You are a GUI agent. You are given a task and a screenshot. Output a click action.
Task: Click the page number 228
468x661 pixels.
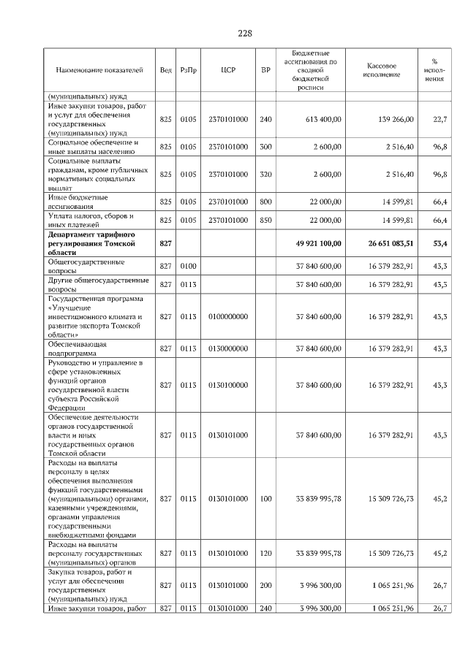(x=245, y=33)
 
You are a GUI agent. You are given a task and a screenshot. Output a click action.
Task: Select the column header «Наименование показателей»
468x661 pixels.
(x=99, y=70)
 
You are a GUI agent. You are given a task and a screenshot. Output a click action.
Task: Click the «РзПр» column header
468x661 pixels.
(x=189, y=70)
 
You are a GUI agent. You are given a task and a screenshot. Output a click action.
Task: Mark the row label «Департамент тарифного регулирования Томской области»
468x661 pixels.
(x=98, y=241)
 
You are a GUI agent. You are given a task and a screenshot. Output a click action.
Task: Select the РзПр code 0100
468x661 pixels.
(x=189, y=266)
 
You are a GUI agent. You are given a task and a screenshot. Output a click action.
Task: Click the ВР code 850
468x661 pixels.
(x=265, y=220)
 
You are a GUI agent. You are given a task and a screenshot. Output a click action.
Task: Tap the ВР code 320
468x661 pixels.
(x=265, y=175)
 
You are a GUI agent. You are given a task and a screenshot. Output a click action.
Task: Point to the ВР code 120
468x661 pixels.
(x=265, y=554)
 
